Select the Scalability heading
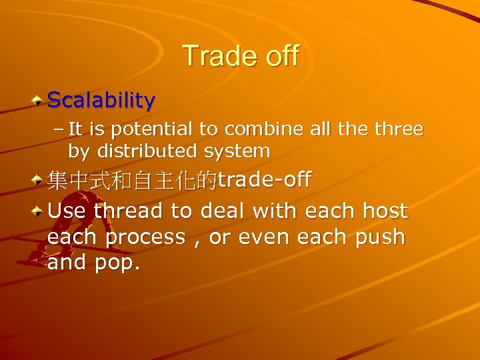tap(101, 101)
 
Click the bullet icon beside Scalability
tap(39, 101)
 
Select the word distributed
tap(147, 151)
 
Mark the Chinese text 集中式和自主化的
tap(133, 181)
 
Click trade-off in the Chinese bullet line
tap(265, 180)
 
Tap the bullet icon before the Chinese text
tap(39, 181)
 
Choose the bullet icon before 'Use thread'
tap(39, 211)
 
